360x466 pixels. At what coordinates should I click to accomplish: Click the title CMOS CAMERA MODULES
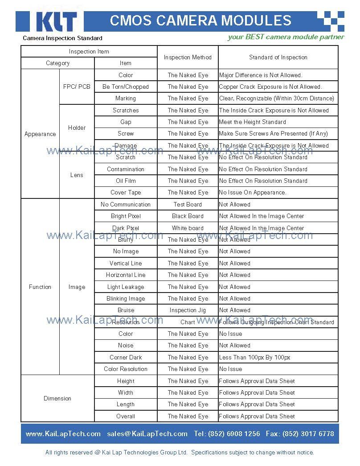(x=200, y=21)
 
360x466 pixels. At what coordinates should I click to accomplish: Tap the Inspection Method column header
(x=188, y=58)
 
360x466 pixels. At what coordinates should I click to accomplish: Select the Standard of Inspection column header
(x=278, y=58)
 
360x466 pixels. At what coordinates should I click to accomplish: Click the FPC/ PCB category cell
(x=77, y=87)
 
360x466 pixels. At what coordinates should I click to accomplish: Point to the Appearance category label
(x=40, y=134)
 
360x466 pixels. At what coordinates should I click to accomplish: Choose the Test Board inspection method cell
(x=188, y=205)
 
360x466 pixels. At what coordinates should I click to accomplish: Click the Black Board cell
(x=188, y=216)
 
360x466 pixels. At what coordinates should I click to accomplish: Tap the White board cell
(x=188, y=228)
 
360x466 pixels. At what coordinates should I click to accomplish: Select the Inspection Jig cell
(x=188, y=310)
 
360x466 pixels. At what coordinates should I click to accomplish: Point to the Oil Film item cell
(x=126, y=181)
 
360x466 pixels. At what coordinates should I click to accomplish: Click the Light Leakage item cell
(x=126, y=287)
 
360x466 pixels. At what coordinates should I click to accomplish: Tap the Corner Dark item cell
(x=126, y=358)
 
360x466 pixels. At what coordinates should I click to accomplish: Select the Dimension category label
(x=57, y=399)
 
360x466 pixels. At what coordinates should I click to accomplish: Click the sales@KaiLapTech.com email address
(x=147, y=434)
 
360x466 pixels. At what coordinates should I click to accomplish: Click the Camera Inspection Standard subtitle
(x=62, y=38)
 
